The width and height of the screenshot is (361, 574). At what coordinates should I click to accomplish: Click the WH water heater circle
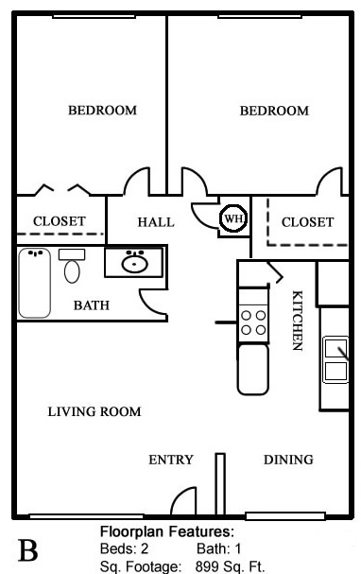pos(233,218)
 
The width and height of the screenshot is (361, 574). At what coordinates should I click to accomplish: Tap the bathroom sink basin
pos(134,263)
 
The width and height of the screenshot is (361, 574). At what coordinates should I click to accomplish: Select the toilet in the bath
pos(72,266)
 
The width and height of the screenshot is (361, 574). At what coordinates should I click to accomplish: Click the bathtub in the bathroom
pos(34,283)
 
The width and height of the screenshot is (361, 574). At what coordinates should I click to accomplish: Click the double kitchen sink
pos(335,360)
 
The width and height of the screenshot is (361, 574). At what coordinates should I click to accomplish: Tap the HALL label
pos(156,222)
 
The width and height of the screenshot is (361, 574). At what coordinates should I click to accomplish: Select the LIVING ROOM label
pos(95,411)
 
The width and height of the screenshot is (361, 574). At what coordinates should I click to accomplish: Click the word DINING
pos(288,460)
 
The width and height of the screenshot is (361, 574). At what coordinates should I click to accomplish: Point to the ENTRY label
pos(171,460)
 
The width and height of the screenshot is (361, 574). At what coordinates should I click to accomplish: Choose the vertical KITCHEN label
pos(298,321)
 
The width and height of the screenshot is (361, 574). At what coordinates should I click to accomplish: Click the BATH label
pos(92,305)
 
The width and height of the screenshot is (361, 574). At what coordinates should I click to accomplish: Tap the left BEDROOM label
pos(102,111)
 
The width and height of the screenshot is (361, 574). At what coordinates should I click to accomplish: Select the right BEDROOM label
pos(274,111)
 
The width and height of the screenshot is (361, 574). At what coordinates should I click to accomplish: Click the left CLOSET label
pos(60,221)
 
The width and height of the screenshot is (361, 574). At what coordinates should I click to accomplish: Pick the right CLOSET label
pos(307,222)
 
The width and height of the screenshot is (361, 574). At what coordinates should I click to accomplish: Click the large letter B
pos(27,550)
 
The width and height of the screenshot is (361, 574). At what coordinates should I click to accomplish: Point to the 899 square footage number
pos(207,566)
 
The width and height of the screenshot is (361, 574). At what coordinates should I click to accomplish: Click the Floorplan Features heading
pos(167,531)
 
